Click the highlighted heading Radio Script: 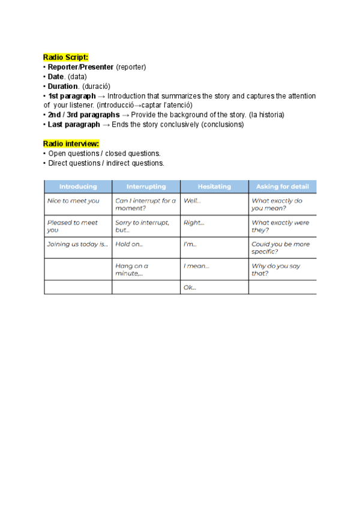tap(66, 57)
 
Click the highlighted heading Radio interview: tap(71, 143)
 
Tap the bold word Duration tap(64, 86)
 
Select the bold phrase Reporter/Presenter tap(80, 67)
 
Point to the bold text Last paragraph tap(74, 124)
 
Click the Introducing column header tap(78, 187)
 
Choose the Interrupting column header tap(146, 187)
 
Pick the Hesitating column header tap(214, 187)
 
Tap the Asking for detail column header tap(283, 187)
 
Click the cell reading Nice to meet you tap(73, 201)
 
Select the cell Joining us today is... tap(77, 244)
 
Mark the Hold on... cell tap(129, 244)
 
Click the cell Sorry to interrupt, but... tap(142, 226)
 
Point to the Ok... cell tap(190, 288)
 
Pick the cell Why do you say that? tap(276, 270)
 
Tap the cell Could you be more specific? tap(281, 248)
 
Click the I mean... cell tap(196, 266)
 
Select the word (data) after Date tap(77, 77)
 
